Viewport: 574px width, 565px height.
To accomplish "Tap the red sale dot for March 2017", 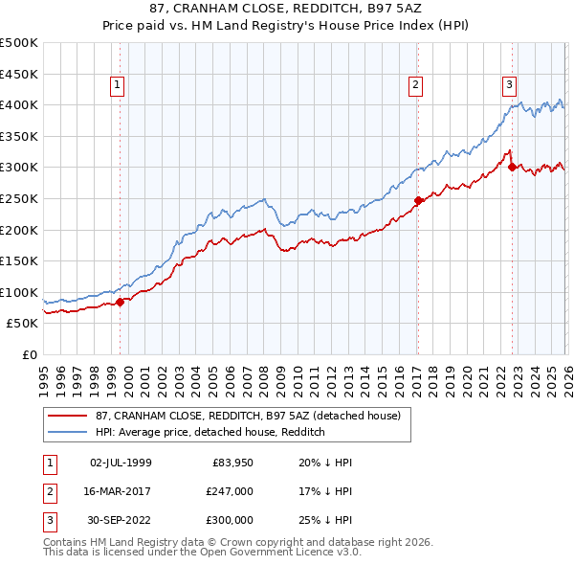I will point(418,200).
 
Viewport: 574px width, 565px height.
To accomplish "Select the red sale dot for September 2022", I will point(512,167).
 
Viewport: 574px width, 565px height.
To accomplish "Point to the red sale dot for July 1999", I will point(120,303).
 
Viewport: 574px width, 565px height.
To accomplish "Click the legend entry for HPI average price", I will point(210,432).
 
